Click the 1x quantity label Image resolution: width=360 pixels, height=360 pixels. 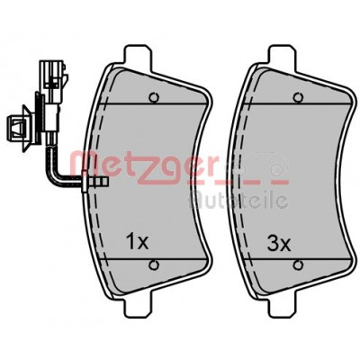pyautogui.click(x=138, y=242)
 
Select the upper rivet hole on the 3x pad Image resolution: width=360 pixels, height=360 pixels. pyautogui.click(x=298, y=97)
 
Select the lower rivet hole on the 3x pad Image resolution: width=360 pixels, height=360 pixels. pyautogui.click(x=298, y=265)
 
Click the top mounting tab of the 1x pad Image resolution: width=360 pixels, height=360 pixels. pyautogui.click(x=137, y=57)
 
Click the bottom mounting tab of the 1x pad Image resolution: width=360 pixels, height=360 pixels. pyautogui.click(x=137, y=303)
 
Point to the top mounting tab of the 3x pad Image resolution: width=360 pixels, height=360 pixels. pyautogui.click(x=281, y=57)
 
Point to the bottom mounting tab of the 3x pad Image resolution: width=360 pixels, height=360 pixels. pyautogui.click(x=281, y=303)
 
